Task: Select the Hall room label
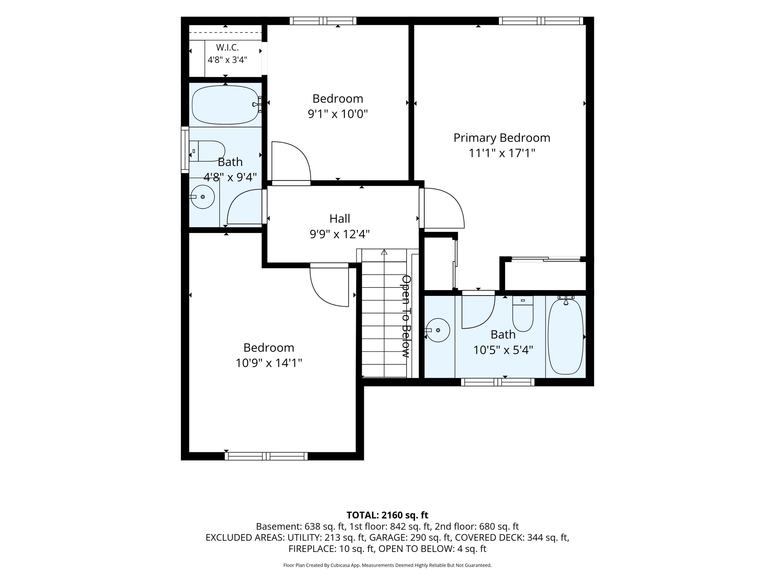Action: coord(339,218)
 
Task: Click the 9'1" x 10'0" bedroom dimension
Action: coord(338,114)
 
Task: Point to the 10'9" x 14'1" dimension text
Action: coord(269,363)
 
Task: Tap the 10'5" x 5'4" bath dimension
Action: coord(503,350)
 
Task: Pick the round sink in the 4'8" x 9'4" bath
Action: coord(202,197)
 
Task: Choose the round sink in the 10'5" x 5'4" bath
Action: coord(438,330)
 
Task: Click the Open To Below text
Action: coord(406,316)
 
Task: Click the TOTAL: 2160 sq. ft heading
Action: coord(387,515)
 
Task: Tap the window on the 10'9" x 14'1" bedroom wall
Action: coord(266,456)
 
